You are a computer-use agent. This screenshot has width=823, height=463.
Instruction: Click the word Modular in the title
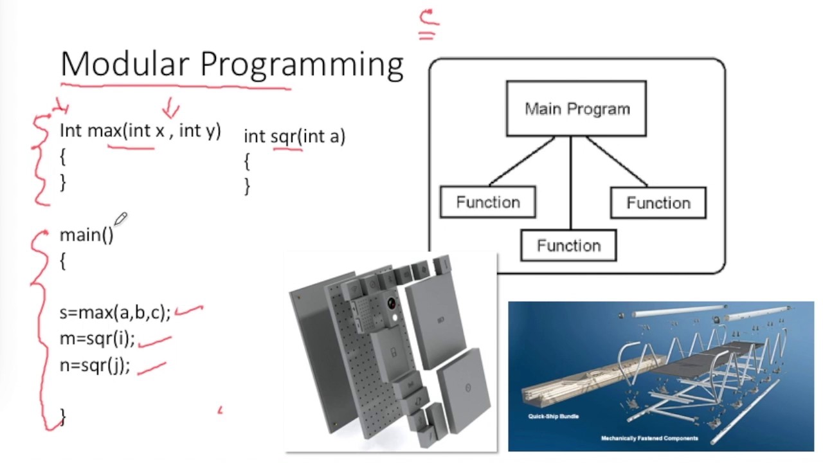pyautogui.click(x=125, y=64)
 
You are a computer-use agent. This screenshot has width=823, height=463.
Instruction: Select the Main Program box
pyautogui.click(x=576, y=109)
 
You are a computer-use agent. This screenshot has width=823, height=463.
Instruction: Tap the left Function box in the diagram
pyautogui.click(x=487, y=202)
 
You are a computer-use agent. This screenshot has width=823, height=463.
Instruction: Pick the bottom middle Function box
pyautogui.click(x=568, y=246)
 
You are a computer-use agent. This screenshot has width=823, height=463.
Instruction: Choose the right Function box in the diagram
pyautogui.click(x=658, y=203)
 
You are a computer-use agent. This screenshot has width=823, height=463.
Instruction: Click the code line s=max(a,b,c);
pyautogui.click(x=115, y=313)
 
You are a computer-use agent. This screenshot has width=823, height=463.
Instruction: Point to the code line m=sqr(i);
pyautogui.click(x=97, y=339)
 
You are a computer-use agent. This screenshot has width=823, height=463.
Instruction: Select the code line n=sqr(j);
pyautogui.click(x=95, y=365)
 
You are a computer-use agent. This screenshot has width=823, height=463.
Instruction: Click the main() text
pyautogui.click(x=86, y=235)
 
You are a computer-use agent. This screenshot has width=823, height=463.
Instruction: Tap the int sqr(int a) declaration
pyautogui.click(x=294, y=136)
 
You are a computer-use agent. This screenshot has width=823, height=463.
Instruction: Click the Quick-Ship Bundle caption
pyautogui.click(x=553, y=416)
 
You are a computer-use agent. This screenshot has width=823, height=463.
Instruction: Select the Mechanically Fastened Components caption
pyautogui.click(x=649, y=439)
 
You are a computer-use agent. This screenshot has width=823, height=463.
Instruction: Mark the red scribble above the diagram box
pyautogui.click(x=428, y=24)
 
